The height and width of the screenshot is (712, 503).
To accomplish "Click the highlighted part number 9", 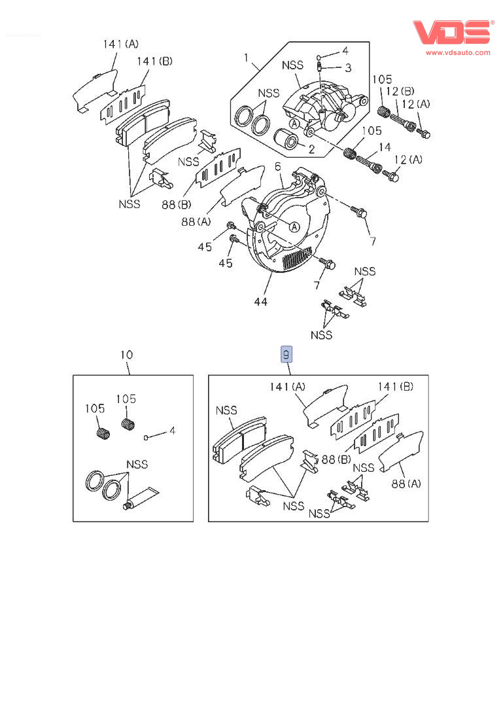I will point(286,355).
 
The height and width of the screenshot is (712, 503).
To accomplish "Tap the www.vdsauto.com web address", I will point(458,52).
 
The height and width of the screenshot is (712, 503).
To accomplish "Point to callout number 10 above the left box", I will point(126,355).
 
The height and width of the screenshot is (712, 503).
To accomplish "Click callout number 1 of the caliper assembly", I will point(247,58).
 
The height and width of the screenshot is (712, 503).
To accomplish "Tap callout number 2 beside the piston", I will point(311,149).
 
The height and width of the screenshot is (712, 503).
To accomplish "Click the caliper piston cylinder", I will point(286,140).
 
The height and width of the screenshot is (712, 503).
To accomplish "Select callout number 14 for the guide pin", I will point(385,148).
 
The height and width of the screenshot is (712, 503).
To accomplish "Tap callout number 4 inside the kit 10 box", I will point(172,431).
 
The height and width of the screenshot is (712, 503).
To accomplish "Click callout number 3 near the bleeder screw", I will point(348,67).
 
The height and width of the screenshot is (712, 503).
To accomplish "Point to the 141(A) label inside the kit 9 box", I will point(287,387).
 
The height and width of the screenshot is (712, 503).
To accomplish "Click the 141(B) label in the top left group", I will point(154,62).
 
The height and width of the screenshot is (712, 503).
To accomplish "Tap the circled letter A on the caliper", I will point(294,122).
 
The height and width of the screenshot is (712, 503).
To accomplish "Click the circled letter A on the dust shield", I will point(294,226).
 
